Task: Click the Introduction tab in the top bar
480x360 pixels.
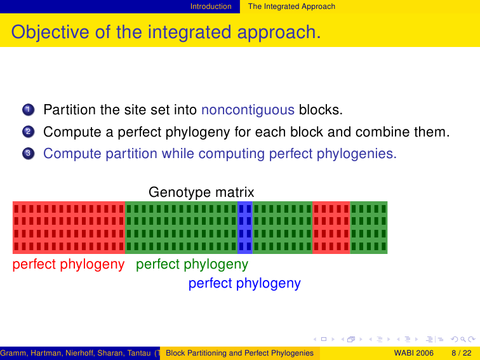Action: [211, 6]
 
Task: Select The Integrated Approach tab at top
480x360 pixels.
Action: [291, 6]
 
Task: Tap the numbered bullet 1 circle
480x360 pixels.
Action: [28, 110]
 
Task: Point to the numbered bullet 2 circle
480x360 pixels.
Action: [28, 131]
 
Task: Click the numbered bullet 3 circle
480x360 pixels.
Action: [28, 154]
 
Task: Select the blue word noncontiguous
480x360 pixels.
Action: [248, 110]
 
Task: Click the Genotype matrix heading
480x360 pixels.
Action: [201, 192]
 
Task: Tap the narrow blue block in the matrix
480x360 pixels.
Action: [245, 227]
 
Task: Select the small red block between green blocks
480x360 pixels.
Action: [331, 227]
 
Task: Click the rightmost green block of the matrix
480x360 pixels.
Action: [368, 227]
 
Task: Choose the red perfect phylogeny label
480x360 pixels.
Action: [69, 264]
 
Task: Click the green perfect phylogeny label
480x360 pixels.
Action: [192, 264]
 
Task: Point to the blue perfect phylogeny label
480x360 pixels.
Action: [244, 283]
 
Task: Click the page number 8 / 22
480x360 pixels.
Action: [462, 353]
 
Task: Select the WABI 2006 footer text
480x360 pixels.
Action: [413, 353]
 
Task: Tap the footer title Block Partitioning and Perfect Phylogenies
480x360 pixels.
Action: [240, 353]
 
